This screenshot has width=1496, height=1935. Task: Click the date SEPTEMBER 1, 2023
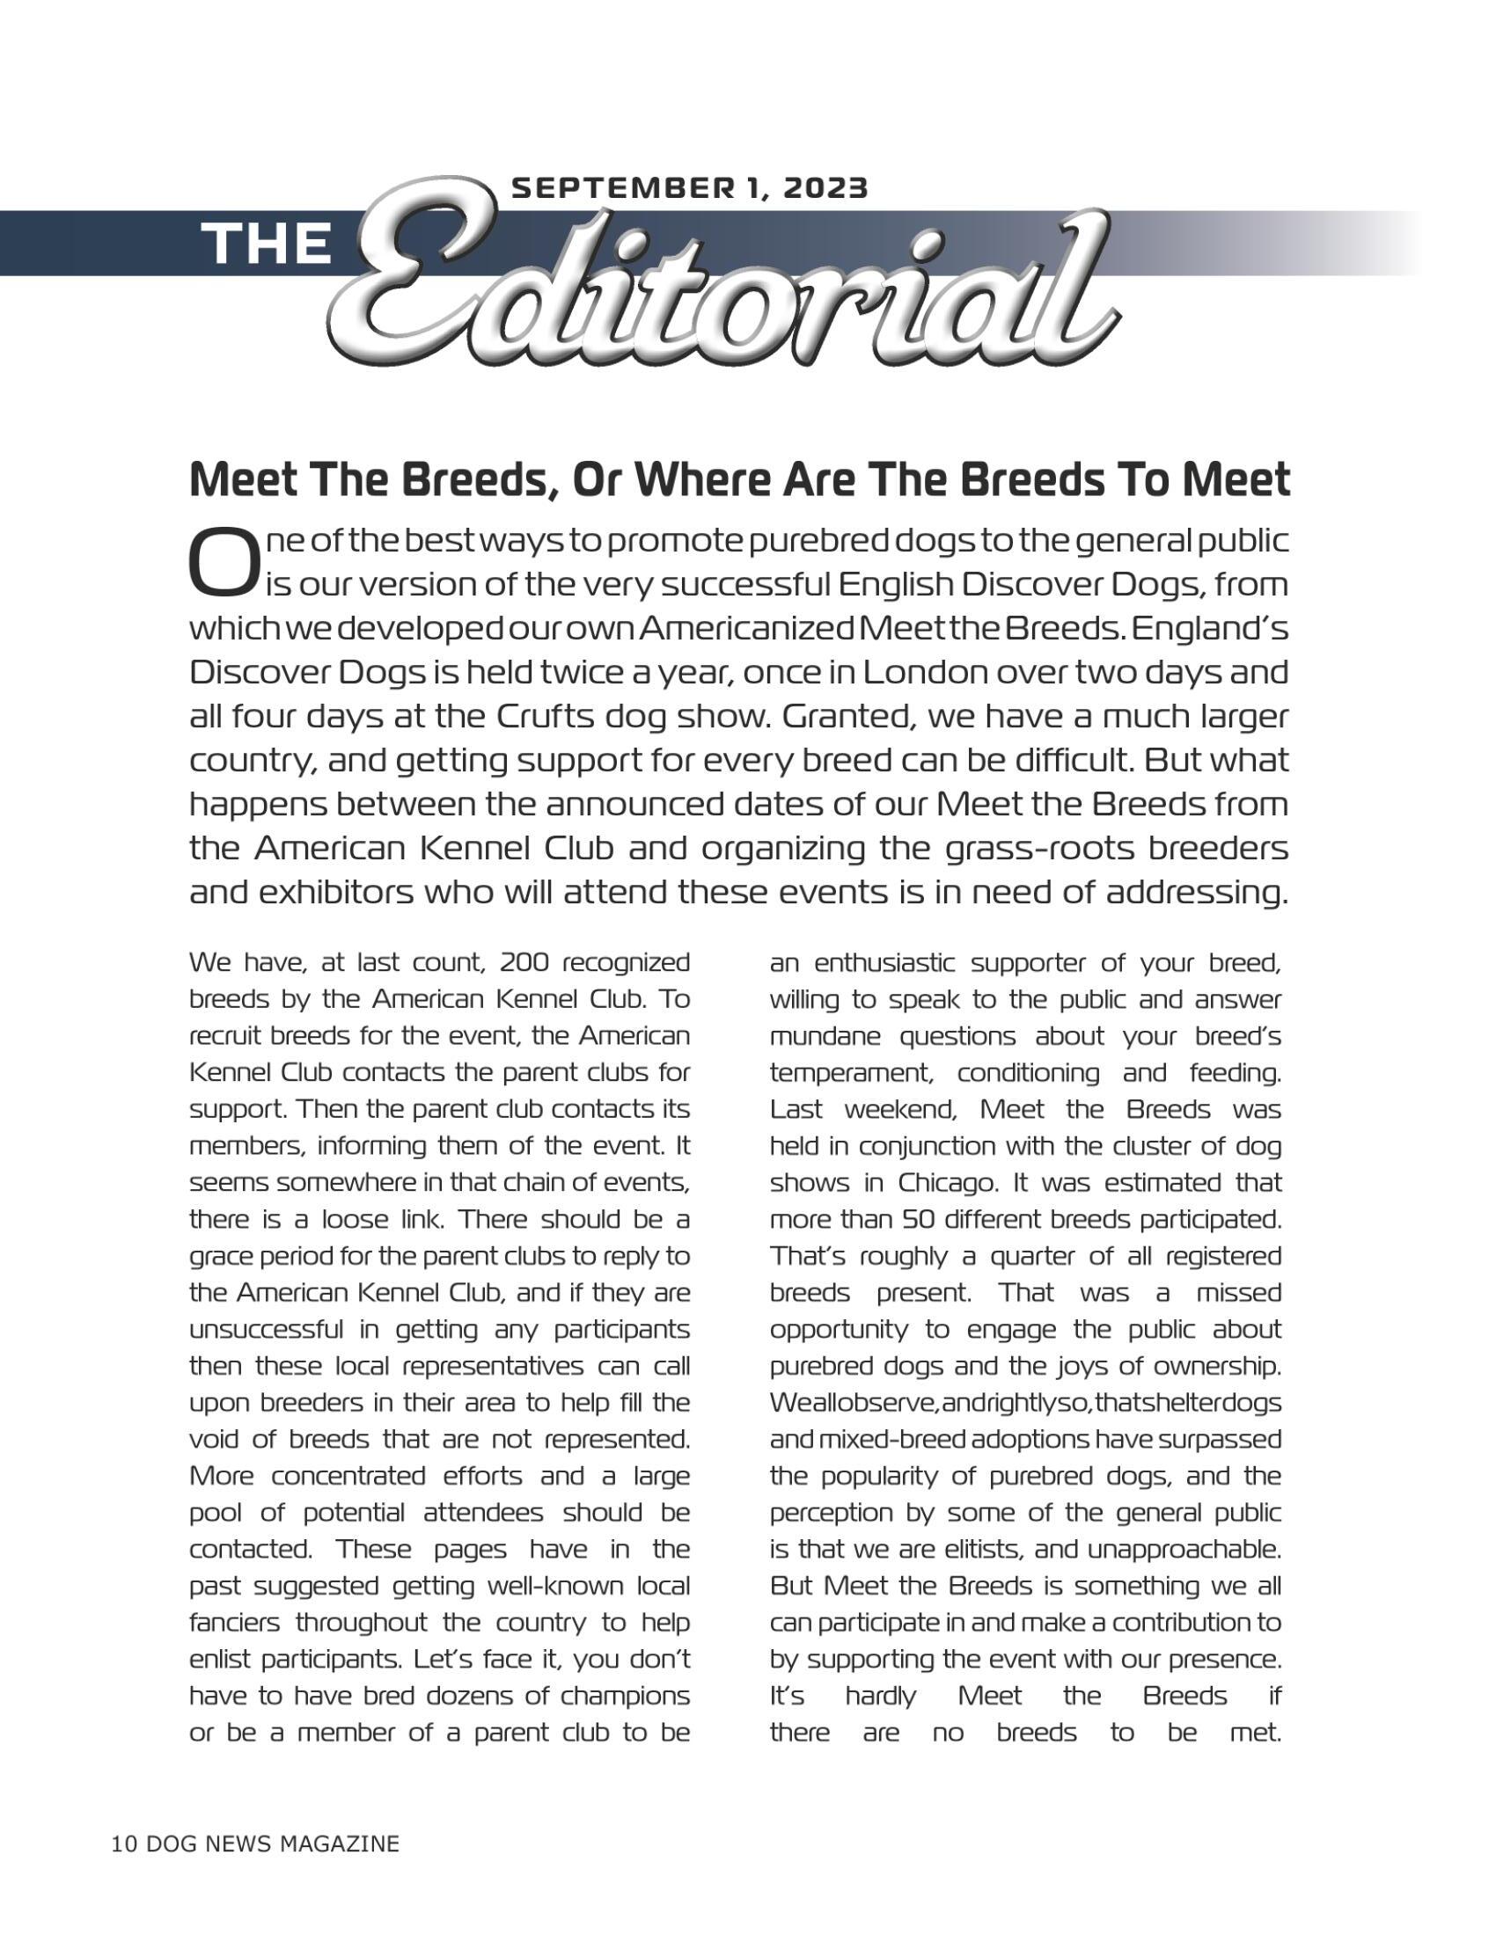[690, 187]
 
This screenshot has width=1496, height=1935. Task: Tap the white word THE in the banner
[266, 243]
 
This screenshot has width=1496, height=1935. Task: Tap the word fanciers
[234, 1623]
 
